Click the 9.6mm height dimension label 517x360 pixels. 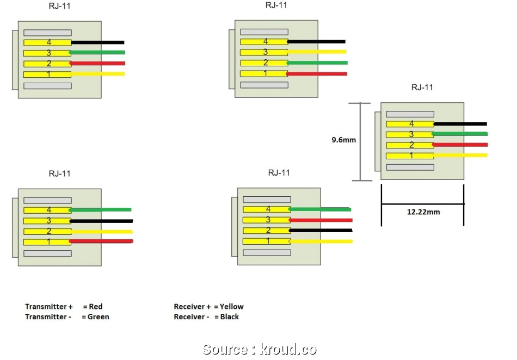[x=343, y=140]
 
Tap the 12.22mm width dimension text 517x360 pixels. [x=423, y=212]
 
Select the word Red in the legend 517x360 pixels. [x=95, y=307]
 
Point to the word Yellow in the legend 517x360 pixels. [x=232, y=307]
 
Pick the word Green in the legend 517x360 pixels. [x=99, y=316]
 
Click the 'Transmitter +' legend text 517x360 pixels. [x=49, y=307]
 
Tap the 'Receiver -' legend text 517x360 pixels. [x=191, y=316]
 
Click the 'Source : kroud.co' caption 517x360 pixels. [x=259, y=349]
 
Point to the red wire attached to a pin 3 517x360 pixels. [x=321, y=220]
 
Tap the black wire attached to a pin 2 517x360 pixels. [x=321, y=230]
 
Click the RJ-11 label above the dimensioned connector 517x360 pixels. [x=422, y=87]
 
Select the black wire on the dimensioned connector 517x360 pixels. [x=460, y=124]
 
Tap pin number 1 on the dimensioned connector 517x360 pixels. [x=411, y=156]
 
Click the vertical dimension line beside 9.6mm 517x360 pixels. [x=360, y=141]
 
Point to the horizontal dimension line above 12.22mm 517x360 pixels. [x=423, y=204]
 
